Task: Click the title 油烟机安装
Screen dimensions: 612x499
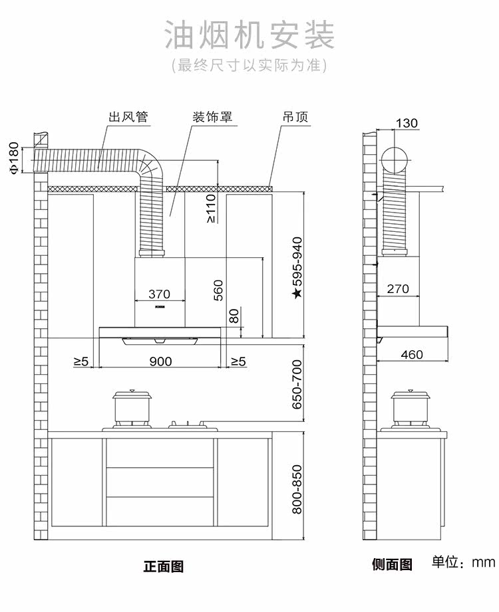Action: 249,35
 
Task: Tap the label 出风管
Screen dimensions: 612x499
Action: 128,118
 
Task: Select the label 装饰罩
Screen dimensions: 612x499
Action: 212,118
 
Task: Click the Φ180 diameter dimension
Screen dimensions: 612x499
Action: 14,158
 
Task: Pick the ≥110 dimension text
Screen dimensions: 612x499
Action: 210,208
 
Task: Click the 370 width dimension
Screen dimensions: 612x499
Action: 159,294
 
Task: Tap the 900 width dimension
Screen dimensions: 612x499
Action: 160,361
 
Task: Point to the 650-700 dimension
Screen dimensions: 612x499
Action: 297,384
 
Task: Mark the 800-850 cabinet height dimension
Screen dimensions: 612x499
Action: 297,489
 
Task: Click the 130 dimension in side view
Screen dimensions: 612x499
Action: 407,123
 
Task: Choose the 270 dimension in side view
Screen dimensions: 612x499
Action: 398,288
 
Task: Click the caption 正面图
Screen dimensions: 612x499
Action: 163,567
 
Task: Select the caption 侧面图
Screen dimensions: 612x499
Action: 392,565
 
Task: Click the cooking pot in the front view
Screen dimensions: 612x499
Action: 132,407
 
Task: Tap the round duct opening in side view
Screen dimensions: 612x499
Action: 397,160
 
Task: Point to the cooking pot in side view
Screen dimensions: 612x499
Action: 410,407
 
